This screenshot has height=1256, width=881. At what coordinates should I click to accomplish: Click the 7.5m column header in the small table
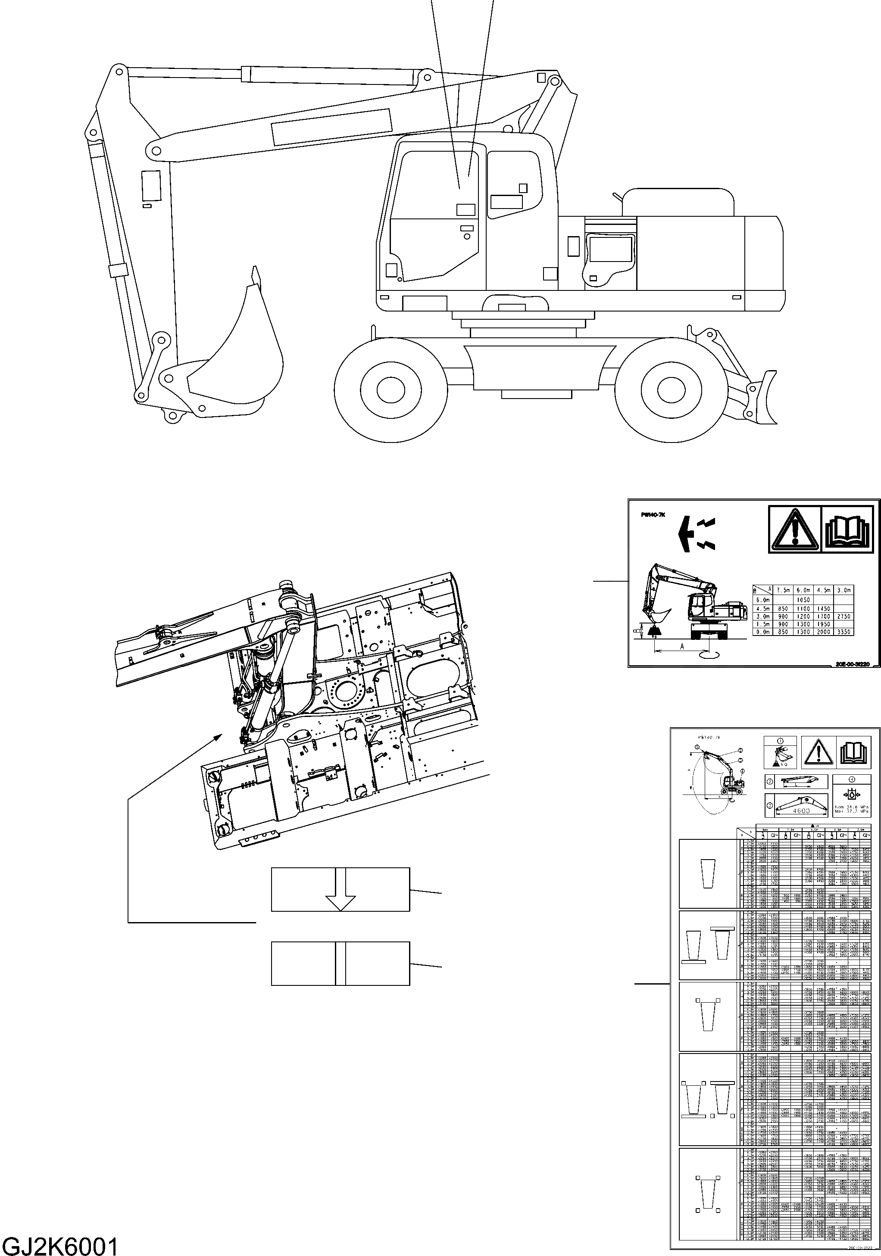pos(783,590)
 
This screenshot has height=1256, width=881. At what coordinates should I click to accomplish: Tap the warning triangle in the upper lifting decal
pos(794,530)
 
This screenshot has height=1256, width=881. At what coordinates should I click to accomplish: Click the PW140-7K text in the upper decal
pos(654,515)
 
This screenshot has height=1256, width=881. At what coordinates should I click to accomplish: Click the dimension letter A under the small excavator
pos(681,646)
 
